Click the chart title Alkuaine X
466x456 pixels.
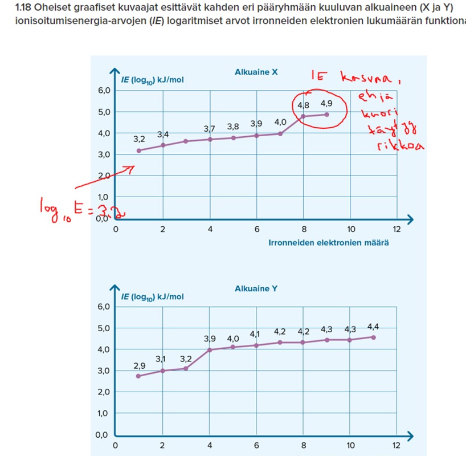[256, 72]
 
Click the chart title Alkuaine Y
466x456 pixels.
[256, 289]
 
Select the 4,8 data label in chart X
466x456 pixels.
[303, 105]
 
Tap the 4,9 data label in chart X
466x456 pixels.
[326, 104]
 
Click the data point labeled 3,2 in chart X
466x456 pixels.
[139, 150]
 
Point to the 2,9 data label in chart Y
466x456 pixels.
[139, 365]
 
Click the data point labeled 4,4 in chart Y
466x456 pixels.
[374, 337]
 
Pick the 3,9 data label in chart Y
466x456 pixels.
[210, 339]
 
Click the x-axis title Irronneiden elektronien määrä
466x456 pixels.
[329, 243]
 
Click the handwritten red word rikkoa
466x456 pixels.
[400, 146]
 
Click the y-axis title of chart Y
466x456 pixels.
[152, 296]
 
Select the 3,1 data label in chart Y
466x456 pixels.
[161, 359]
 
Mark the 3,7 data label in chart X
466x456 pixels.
[209, 129]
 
